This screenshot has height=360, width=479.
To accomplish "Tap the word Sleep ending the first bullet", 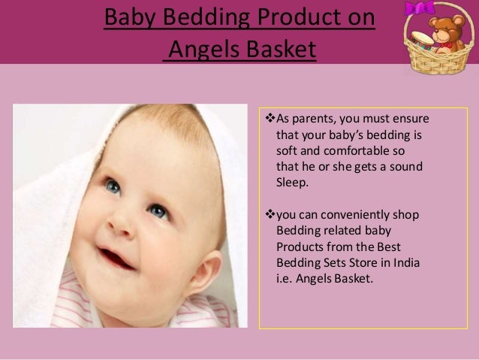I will click(x=293, y=181).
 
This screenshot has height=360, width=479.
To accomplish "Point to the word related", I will click(x=345, y=230).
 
